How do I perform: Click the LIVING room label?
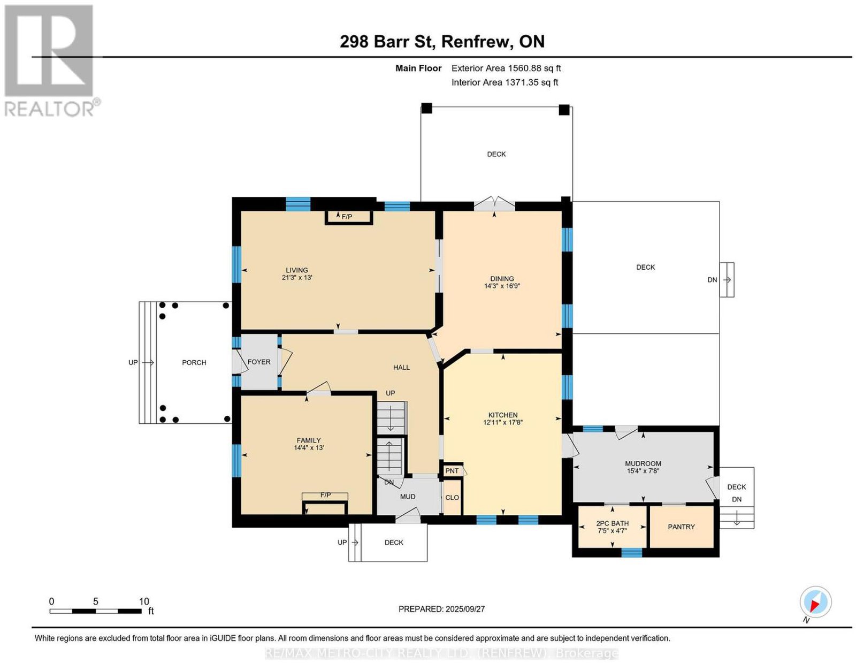click(296, 270)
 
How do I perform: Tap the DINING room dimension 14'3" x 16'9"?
click(502, 286)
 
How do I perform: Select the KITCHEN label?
click(503, 415)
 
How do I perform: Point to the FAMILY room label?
click(309, 440)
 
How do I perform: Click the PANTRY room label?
click(681, 527)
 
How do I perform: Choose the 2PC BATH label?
click(612, 523)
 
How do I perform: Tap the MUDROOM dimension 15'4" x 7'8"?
click(643, 470)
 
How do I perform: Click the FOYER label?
click(259, 362)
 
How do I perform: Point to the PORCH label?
click(194, 362)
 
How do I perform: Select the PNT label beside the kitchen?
click(452, 471)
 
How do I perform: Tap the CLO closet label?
click(452, 498)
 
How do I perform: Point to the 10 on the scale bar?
click(144, 601)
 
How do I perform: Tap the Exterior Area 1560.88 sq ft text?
click(506, 68)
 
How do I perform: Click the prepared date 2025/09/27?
click(465, 609)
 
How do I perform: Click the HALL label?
click(401, 367)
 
